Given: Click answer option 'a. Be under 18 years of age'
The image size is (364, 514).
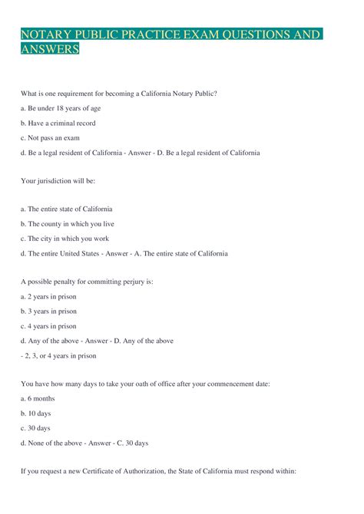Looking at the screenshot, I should (x=61, y=108).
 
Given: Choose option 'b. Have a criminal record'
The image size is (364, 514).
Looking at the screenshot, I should (x=58, y=123).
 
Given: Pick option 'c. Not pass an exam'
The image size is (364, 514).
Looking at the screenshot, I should (x=51, y=137).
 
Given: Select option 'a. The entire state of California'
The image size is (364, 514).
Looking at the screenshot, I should (x=67, y=209).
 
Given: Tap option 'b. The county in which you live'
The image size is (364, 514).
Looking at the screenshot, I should (x=67, y=224).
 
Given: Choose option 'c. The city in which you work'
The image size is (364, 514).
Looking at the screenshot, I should (x=65, y=239).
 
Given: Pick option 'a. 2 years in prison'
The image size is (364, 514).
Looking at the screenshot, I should (x=49, y=296).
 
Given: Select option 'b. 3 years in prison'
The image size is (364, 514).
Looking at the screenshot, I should (x=49, y=311).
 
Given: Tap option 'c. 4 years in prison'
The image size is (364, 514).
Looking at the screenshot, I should (x=49, y=325).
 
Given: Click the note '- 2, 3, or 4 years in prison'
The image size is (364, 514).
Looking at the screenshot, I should (x=58, y=354).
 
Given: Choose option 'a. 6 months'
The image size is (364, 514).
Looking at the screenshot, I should (x=38, y=398).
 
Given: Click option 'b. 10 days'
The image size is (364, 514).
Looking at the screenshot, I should (x=36, y=413).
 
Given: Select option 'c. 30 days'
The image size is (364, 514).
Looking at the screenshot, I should (x=36, y=427).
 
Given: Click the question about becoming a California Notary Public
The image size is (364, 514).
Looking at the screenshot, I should (x=119, y=94).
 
